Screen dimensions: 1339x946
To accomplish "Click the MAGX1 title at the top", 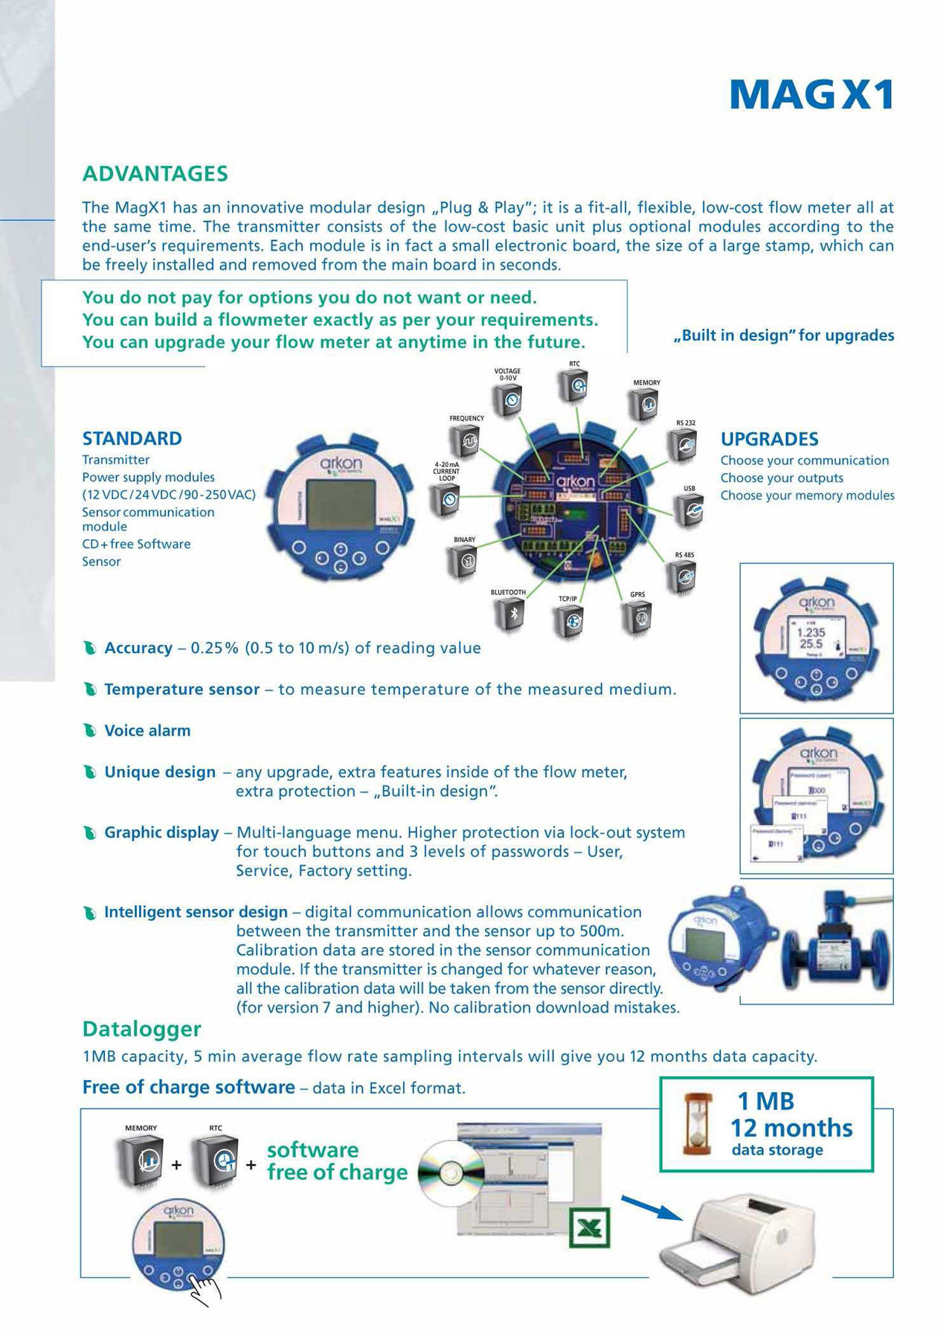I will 811,95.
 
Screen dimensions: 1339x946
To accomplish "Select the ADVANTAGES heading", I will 155,173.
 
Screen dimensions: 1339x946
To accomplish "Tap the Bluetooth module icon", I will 510,614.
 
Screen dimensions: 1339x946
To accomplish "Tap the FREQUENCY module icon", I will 467,442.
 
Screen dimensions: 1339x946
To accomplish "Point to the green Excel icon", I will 589,1227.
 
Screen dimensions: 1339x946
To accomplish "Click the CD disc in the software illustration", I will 451,1174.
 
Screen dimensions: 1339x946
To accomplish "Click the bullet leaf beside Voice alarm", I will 90,731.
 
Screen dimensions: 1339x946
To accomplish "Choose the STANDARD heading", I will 132,438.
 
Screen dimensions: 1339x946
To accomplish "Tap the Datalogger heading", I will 141,1029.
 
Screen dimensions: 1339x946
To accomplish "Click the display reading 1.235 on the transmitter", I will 812,638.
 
